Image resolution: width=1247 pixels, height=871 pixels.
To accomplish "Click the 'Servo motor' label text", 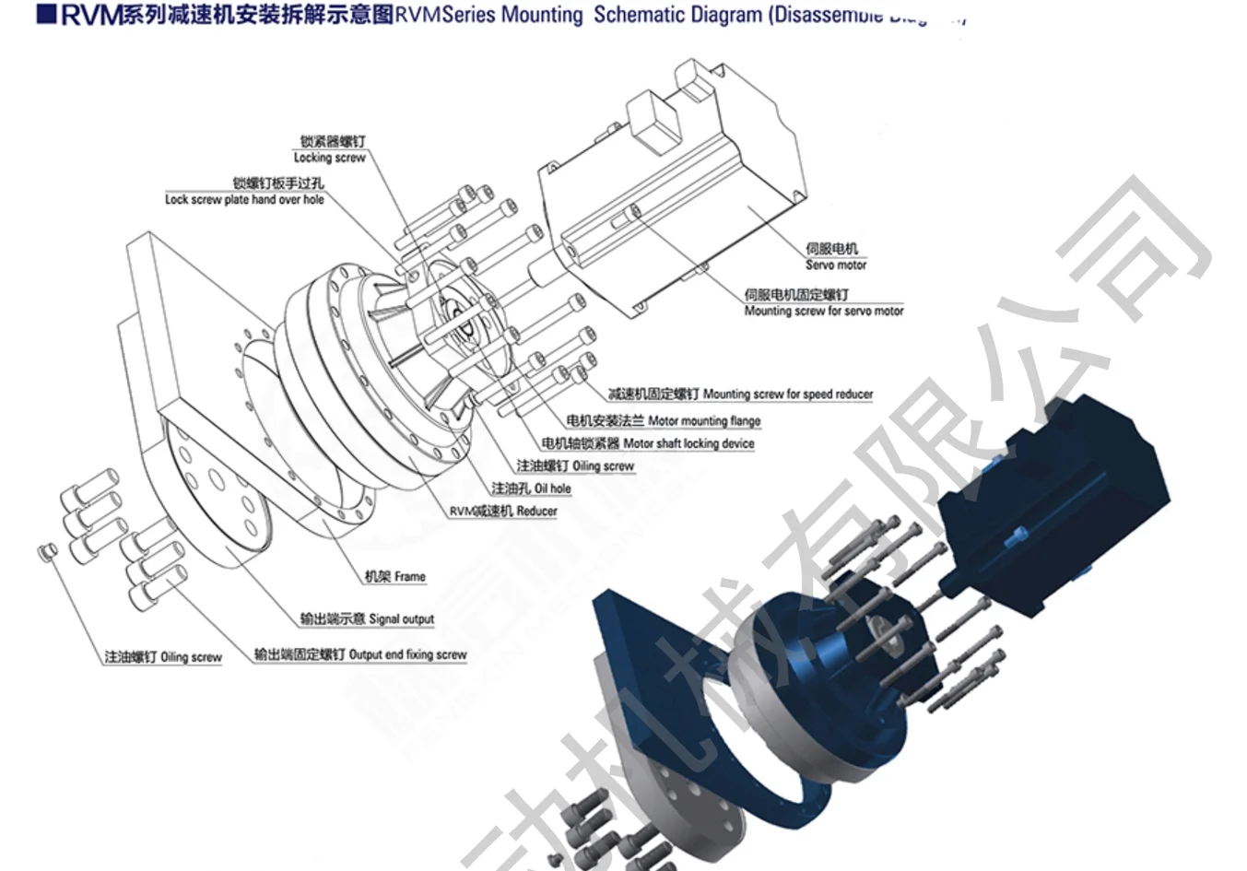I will [x=835, y=265].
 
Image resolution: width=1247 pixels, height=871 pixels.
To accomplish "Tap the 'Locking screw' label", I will [x=329, y=158].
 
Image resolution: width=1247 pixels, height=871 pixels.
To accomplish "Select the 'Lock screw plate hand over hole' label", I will [x=244, y=199].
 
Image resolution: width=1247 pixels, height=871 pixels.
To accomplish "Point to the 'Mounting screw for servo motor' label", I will [x=824, y=312].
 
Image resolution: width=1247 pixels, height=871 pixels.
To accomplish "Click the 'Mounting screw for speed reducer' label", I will [x=787, y=394].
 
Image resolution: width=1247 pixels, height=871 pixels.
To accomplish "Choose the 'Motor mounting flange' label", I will [x=704, y=421].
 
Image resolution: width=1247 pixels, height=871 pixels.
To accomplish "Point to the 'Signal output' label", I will [x=401, y=619].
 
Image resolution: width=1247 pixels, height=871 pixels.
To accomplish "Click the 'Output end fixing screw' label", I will [x=407, y=655].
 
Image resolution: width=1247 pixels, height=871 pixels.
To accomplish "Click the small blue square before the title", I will [x=47, y=16].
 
